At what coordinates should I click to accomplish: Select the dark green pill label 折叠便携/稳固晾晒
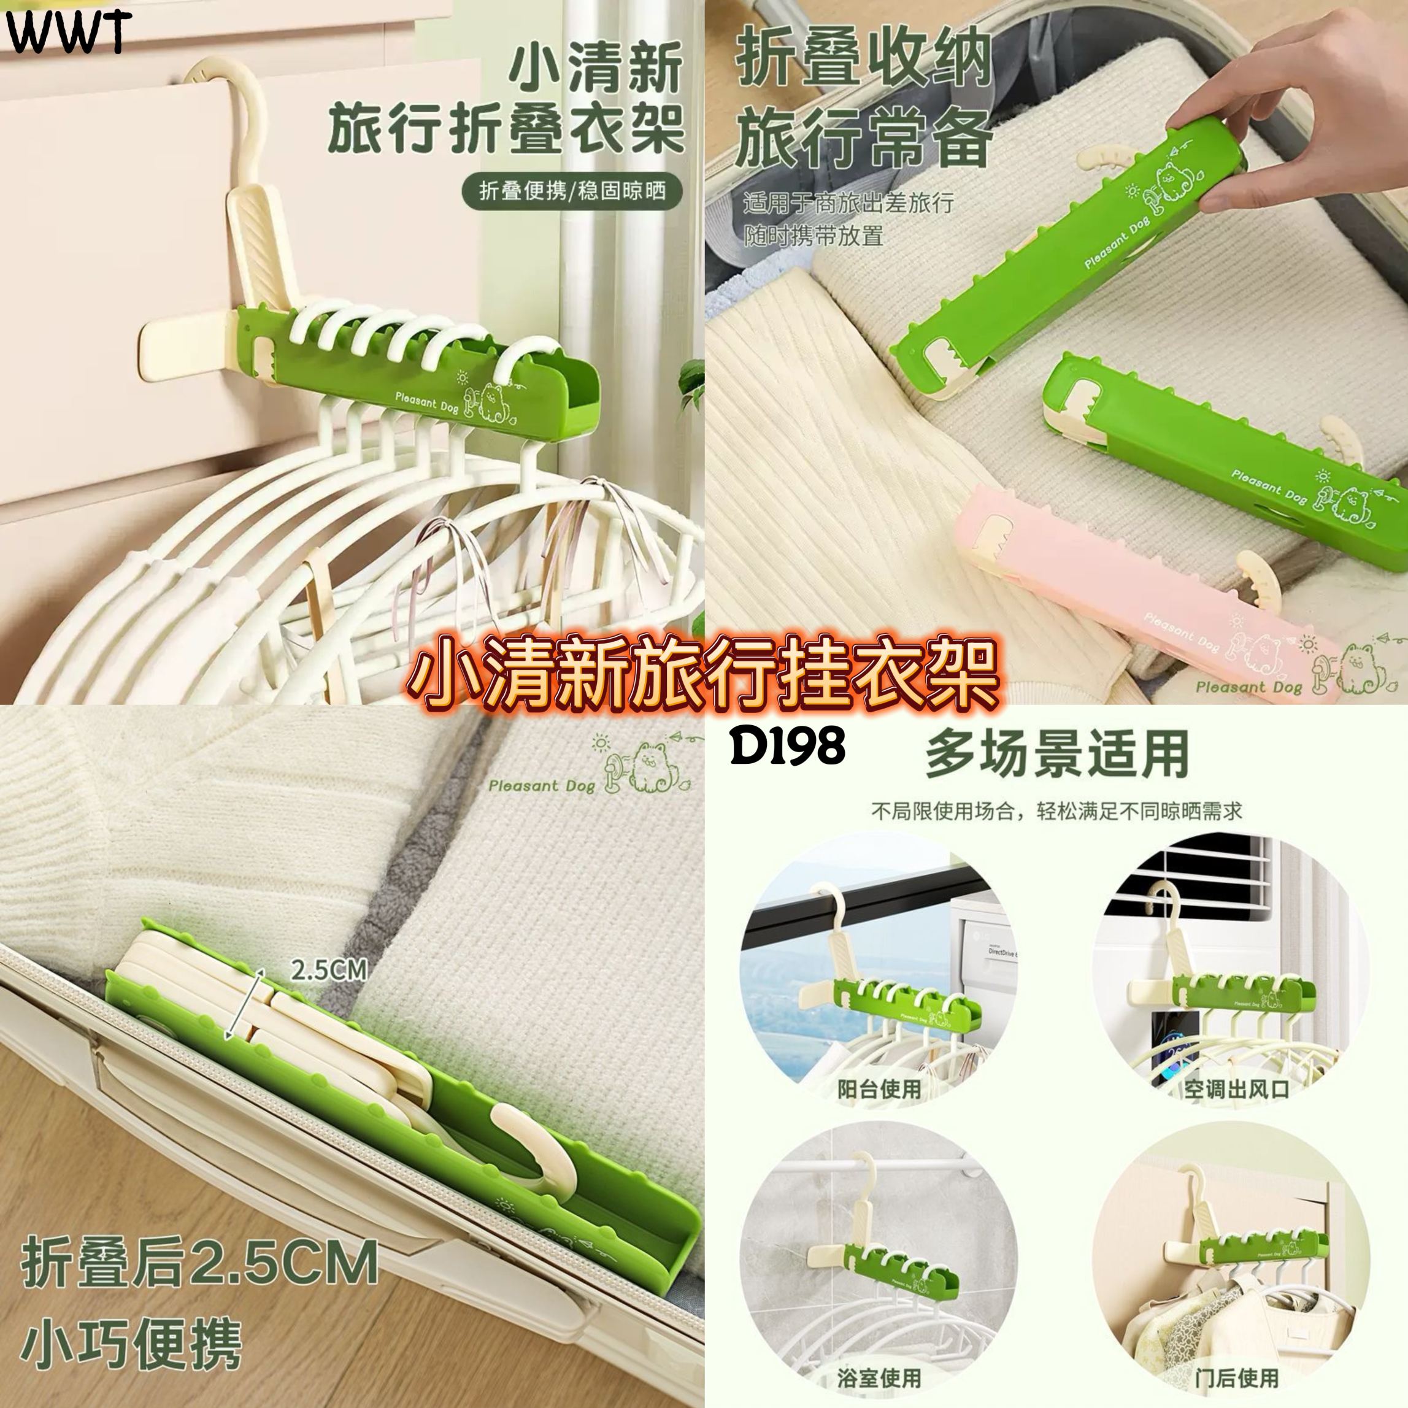coord(572,191)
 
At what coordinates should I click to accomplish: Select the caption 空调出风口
coord(1236,1089)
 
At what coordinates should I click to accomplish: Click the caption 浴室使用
coord(880,1379)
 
